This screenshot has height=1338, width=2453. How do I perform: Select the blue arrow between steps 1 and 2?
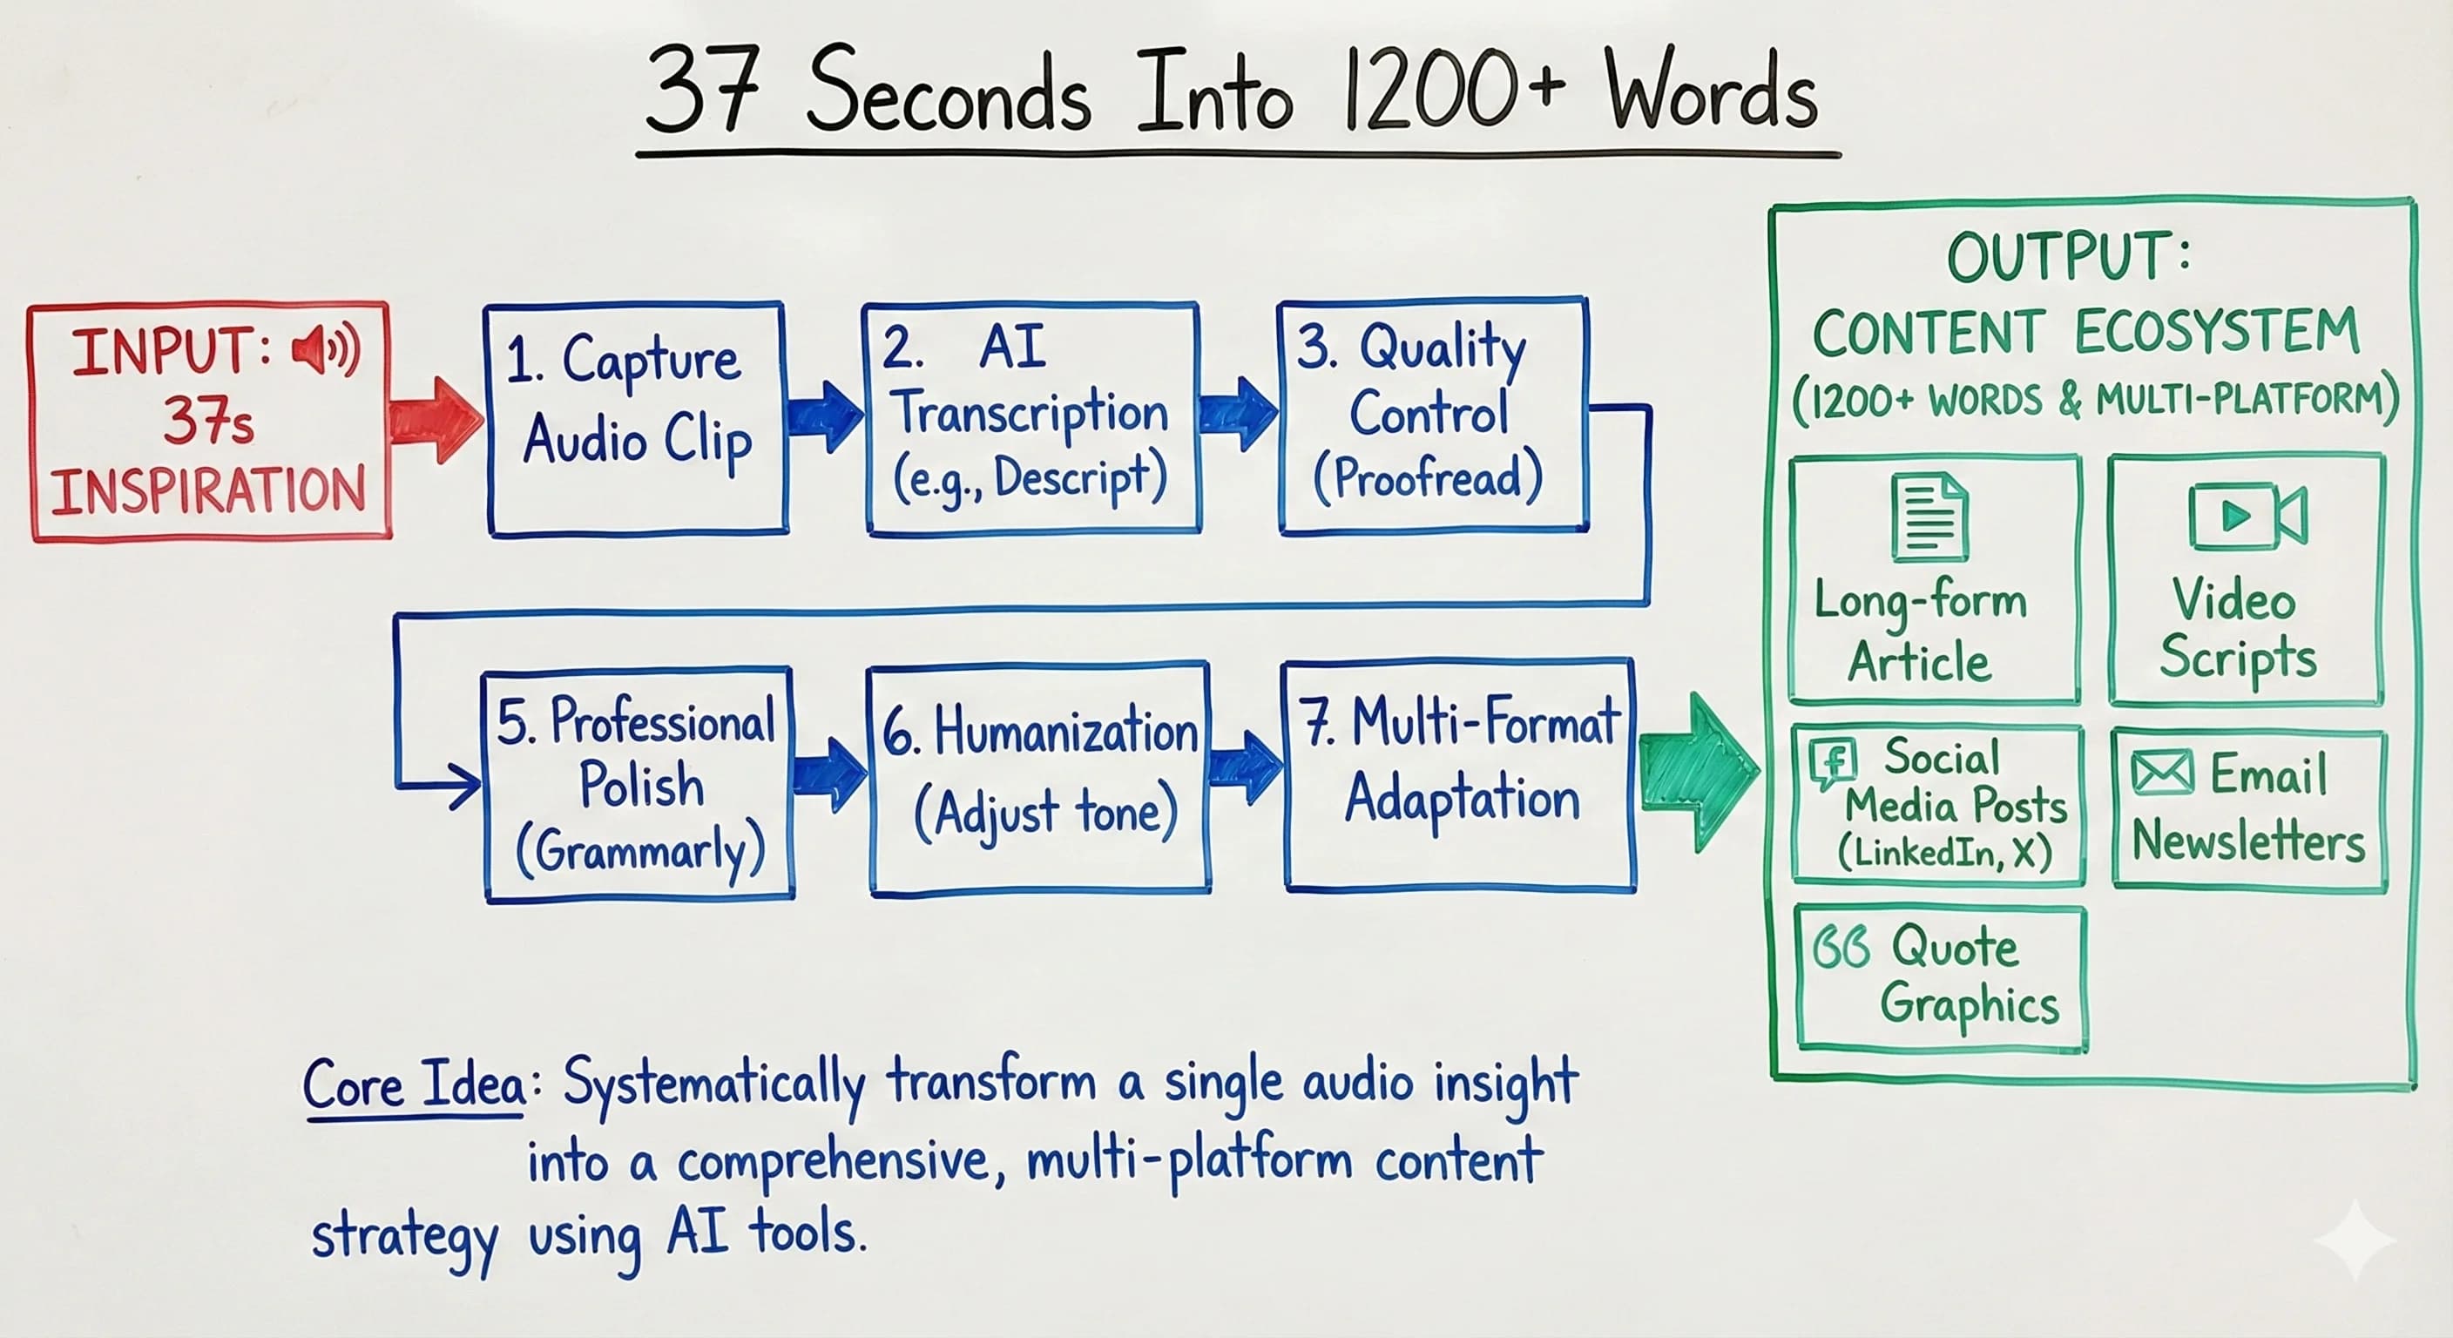click(x=824, y=416)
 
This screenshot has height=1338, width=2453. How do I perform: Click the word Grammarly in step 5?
click(x=641, y=850)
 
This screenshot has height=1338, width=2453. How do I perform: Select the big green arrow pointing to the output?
click(x=1698, y=772)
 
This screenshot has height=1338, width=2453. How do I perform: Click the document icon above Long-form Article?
click(x=1929, y=518)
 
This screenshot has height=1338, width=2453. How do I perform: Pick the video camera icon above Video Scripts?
click(x=2247, y=517)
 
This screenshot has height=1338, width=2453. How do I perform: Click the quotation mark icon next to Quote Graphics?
click(x=1840, y=948)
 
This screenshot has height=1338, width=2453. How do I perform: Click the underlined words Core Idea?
click(x=416, y=1085)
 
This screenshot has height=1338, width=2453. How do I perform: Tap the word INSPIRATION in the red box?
click(x=208, y=491)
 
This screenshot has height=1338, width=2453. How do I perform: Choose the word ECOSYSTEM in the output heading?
click(x=2216, y=333)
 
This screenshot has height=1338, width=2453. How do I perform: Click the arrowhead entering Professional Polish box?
click(x=467, y=787)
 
